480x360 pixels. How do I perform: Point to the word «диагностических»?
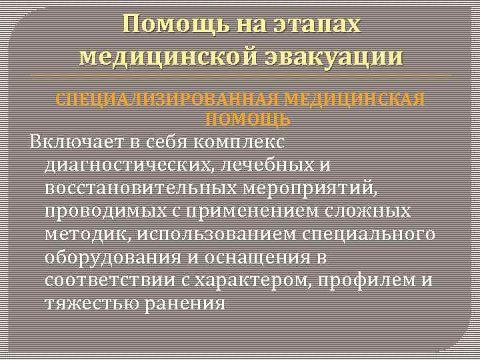(x=127, y=165)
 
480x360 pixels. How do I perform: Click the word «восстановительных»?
(x=139, y=188)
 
